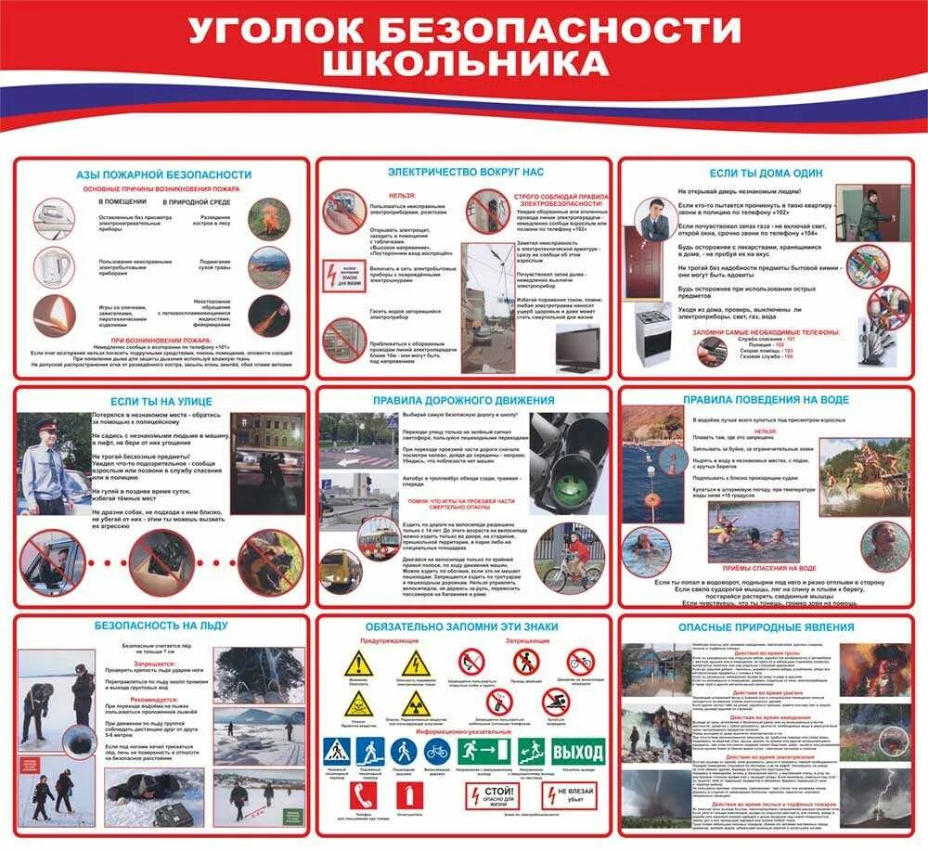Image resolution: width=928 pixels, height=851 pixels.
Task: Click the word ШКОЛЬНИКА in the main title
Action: point(464,63)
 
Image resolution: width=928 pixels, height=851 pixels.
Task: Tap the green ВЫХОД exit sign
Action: point(577,751)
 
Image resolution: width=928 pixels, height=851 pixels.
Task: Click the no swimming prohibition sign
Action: point(556,703)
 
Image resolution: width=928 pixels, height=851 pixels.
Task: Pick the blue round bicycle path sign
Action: point(437,751)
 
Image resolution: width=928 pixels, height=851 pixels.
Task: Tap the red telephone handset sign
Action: point(364,795)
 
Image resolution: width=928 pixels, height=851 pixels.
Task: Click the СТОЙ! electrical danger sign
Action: point(493,796)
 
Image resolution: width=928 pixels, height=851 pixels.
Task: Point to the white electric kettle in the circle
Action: point(55,267)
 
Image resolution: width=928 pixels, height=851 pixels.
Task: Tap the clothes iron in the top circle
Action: point(55,219)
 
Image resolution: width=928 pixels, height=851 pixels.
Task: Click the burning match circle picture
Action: point(55,316)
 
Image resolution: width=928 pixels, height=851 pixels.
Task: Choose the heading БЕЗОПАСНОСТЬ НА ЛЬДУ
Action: point(161,625)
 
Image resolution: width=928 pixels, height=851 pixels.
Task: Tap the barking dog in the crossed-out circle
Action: point(270,562)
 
